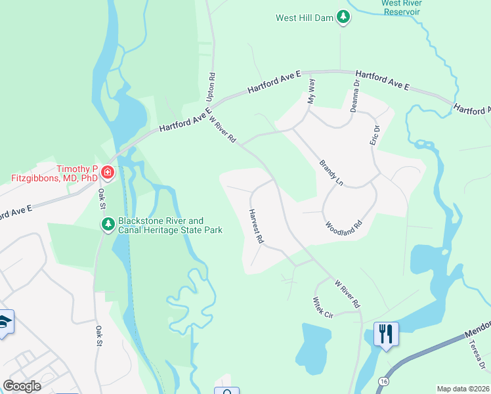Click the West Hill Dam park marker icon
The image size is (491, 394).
click(x=343, y=17)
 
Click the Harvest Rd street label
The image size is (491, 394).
click(x=255, y=227)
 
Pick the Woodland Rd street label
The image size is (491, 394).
click(x=344, y=225)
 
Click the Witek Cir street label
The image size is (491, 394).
click(x=323, y=307)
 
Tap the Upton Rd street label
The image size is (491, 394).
click(x=211, y=86)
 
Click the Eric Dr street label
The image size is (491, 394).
click(x=375, y=135)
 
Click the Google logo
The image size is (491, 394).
click(x=22, y=386)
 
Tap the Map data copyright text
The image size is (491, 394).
click(x=463, y=389)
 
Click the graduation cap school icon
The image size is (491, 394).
click(x=4, y=322)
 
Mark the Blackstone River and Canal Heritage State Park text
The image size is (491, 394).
click(x=170, y=225)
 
